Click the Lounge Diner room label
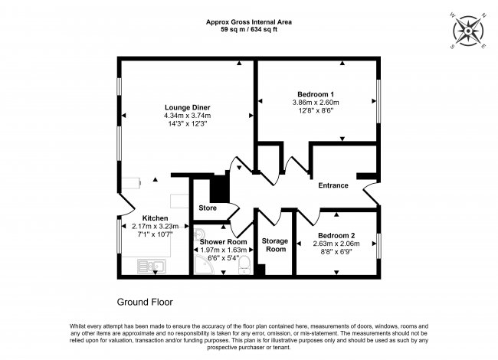pos(188,108)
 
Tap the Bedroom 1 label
pos(316,94)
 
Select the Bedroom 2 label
pos(336,236)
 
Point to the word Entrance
pos(333,185)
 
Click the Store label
pos(208,208)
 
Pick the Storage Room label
pos(275,245)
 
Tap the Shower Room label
pos(223,242)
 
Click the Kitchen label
pos(155,218)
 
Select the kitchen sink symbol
pos(152,267)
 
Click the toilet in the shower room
pos(244,265)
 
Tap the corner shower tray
pos(203,264)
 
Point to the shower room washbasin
pos(199,234)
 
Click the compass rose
pos(468,31)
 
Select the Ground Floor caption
pos(145,302)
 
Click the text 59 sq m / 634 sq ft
pos(249,30)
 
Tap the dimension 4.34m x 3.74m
pos(188,116)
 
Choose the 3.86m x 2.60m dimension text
pos(316,103)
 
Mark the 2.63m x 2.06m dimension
pos(336,244)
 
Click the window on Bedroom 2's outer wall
pos(378,246)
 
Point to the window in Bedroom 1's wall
pos(378,101)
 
